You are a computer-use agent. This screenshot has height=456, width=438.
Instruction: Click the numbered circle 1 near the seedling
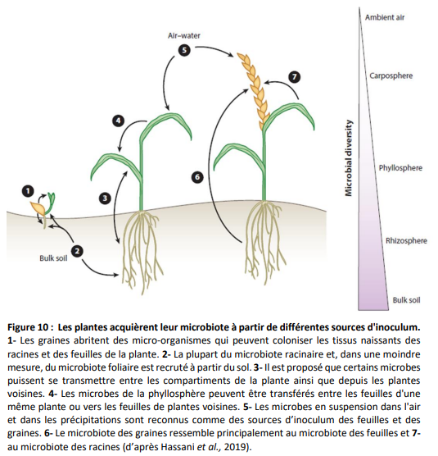pos(28,191)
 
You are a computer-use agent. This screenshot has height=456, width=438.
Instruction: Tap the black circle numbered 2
pos(77,251)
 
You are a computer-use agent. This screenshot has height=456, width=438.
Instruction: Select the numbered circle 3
pos(105,198)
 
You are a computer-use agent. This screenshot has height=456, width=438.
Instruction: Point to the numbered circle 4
pos(118,121)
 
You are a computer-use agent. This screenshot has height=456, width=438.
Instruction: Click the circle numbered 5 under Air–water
pos(184,50)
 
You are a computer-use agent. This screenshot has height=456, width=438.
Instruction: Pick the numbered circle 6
pos(197,177)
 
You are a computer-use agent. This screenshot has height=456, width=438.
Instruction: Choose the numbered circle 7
pos(295,77)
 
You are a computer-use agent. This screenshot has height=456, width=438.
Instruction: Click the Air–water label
pos(184,36)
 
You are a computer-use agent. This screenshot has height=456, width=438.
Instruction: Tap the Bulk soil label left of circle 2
pos(53,258)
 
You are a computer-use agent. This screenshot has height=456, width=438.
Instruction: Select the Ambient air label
pos(385,17)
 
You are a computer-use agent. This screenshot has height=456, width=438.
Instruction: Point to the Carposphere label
pos(391,76)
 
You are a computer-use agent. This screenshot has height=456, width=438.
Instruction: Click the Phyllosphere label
pos(400,168)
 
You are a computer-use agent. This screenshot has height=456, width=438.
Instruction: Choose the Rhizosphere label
pos(406,240)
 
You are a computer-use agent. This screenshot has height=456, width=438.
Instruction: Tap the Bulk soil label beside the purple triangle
pos(406,300)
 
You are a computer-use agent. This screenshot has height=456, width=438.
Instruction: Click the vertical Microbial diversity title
pos(349,158)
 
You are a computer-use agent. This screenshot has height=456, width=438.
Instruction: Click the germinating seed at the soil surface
pos(38,207)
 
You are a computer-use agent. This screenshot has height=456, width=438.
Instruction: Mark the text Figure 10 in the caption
pos(28,327)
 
